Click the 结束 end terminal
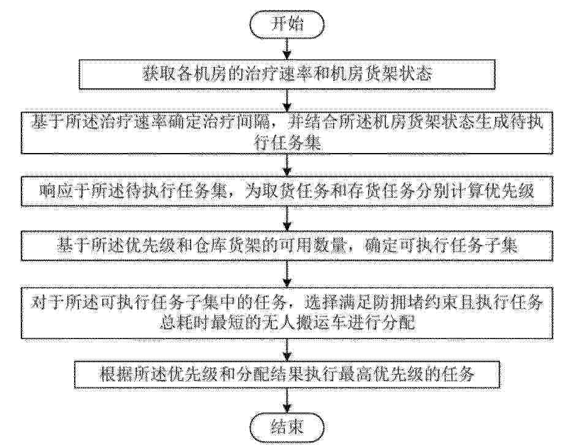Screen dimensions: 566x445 pos(287,428)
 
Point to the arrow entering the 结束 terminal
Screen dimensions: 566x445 pos(287,402)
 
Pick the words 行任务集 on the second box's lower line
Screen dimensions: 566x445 pos(287,143)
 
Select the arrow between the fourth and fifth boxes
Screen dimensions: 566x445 pos(287,274)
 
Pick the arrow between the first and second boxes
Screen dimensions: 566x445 pos(287,100)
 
